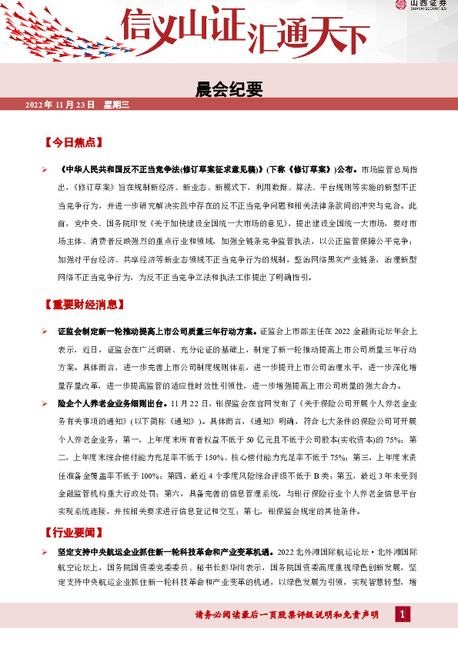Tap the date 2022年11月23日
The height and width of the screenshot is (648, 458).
[60, 104]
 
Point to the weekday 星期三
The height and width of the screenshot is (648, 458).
[118, 104]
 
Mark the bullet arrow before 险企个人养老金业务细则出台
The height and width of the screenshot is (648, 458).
[45, 403]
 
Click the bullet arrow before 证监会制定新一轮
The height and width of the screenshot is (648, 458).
[45, 331]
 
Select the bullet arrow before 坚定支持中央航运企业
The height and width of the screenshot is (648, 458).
[45, 553]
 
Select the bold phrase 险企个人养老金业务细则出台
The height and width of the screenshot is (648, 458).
[112, 403]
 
